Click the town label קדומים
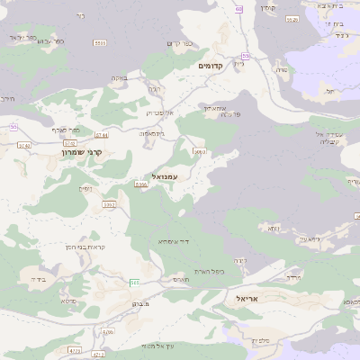pyautogui.click(x=217, y=66)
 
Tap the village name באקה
pyautogui.click(x=119, y=78)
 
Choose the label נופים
pyautogui.click(x=85, y=187)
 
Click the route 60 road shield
pyautogui.click(x=238, y=9)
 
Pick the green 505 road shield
pyautogui.click(x=134, y=283)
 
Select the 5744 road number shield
pyautogui.click(x=102, y=135)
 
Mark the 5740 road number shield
pyautogui.click(x=24, y=145)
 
